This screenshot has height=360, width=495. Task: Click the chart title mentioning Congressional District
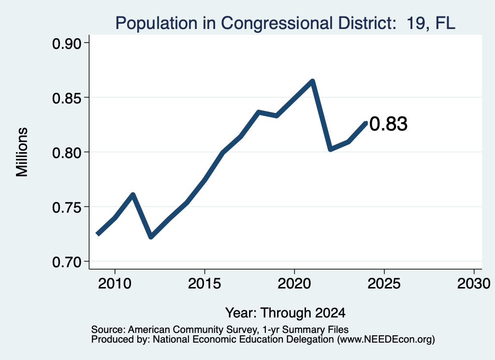(285, 23)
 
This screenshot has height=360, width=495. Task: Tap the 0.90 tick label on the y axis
(67, 44)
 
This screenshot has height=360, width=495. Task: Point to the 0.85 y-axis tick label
(67, 99)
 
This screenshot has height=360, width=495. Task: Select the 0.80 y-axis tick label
(67, 153)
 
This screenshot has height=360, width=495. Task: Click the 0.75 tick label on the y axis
(67, 208)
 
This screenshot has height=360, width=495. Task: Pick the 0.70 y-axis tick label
(67, 262)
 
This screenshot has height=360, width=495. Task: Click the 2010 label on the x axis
(115, 284)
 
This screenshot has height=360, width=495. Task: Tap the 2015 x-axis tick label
(204, 284)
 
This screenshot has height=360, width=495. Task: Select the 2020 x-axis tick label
(294, 284)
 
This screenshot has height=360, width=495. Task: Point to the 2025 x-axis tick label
(384, 284)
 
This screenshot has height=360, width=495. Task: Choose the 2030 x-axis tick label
(474, 284)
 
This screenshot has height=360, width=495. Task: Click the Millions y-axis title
(22, 152)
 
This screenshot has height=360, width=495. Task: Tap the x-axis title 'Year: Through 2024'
(285, 313)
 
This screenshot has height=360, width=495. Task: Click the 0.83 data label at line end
(388, 124)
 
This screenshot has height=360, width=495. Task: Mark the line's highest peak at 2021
(312, 81)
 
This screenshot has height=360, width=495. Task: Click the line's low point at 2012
(151, 237)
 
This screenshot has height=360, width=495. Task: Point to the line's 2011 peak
(133, 195)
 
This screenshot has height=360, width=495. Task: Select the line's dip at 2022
(330, 149)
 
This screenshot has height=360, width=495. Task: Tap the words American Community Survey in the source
(192, 330)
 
